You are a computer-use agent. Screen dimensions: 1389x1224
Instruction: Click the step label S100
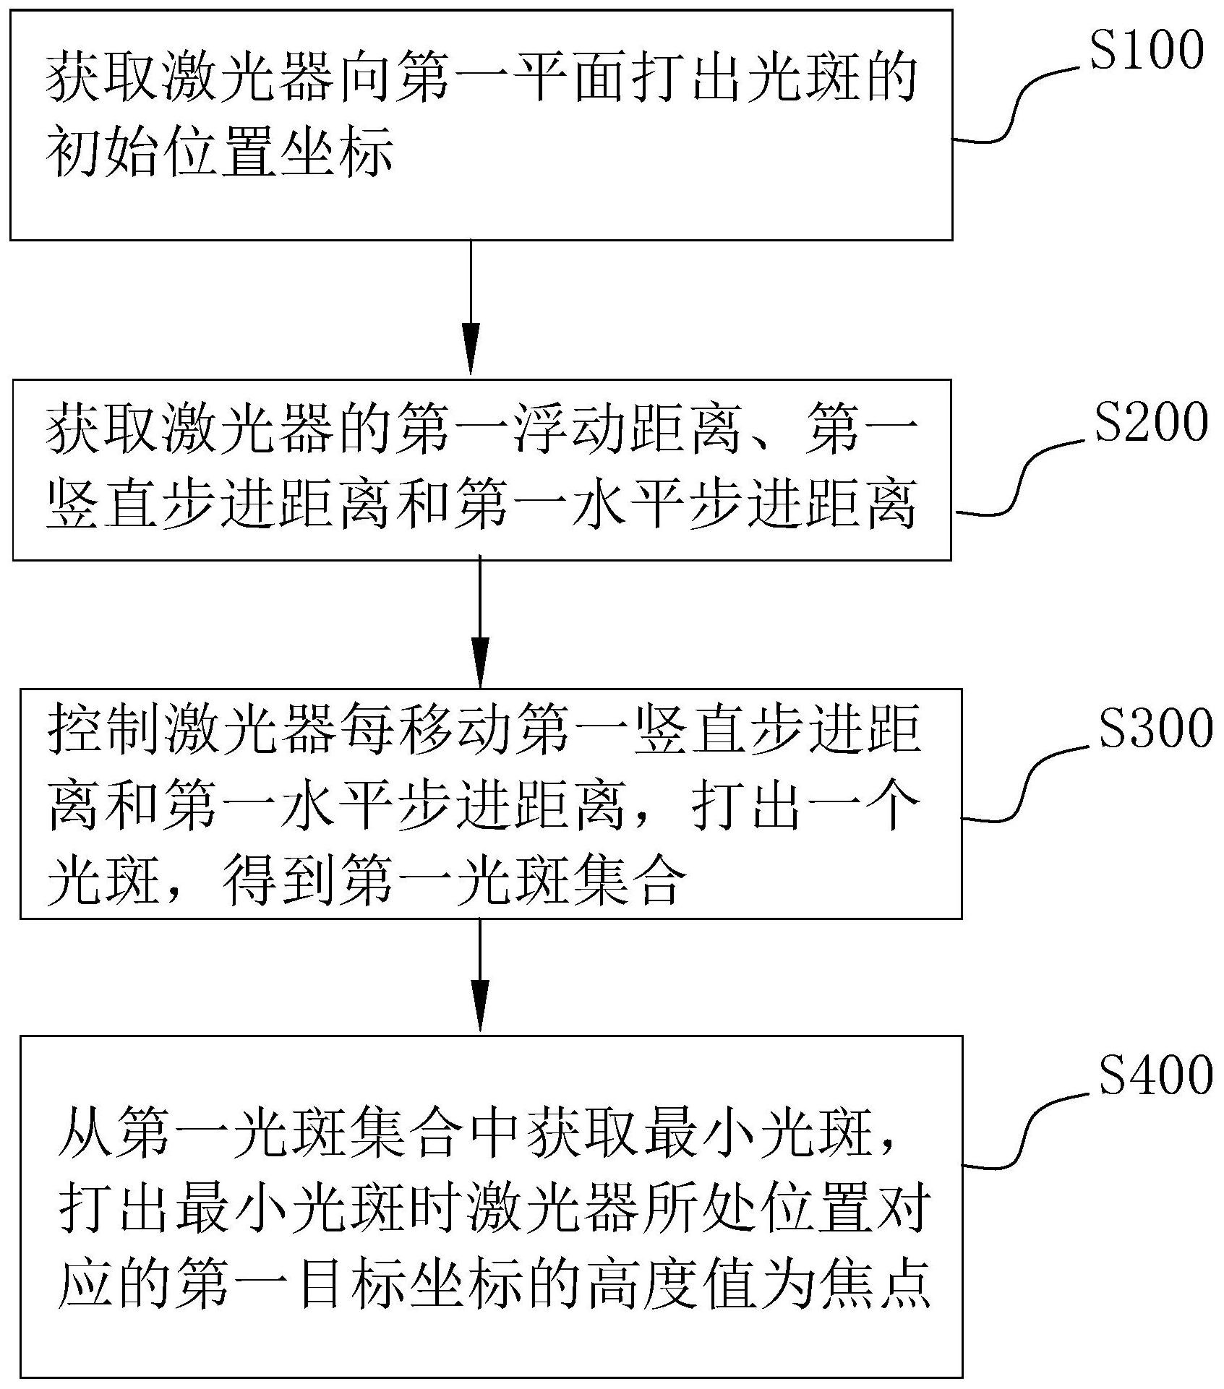pos(1146,51)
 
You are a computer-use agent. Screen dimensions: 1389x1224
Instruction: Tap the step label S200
pos(1150,423)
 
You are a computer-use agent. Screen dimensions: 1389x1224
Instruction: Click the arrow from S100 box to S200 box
pos(471,307)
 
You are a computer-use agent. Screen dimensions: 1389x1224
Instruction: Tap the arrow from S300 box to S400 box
pos(480,976)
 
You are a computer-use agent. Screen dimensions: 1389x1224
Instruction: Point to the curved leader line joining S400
pos(1027,1132)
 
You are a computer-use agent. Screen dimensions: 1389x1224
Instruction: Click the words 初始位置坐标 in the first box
pos(220,154)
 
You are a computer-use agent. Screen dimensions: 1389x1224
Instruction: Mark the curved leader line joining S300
pos(1027,785)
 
